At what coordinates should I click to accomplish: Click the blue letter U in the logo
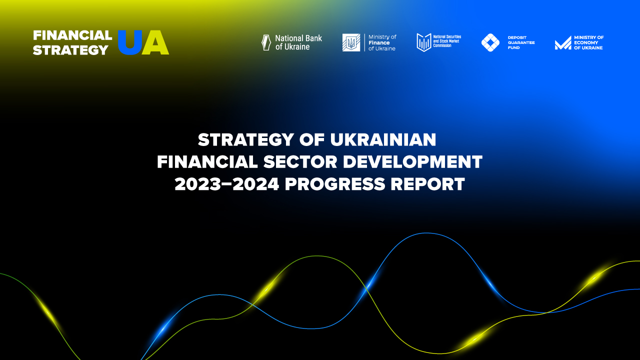[x=129, y=42]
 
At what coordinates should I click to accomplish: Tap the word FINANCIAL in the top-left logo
[x=72, y=35]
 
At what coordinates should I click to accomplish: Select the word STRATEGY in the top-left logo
[x=70, y=50]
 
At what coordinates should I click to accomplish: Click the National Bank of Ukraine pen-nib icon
[x=266, y=42]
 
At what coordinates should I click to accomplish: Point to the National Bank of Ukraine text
[x=298, y=42]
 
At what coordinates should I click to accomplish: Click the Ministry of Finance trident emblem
[x=351, y=42]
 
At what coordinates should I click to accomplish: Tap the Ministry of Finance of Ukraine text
[x=382, y=42]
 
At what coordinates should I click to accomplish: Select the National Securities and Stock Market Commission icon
[x=423, y=42]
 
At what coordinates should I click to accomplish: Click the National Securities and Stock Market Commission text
[x=447, y=41]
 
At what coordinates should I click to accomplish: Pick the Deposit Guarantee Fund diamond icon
[x=490, y=42]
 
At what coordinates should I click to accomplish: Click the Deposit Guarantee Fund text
[x=521, y=42]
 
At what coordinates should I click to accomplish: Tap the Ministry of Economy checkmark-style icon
[x=562, y=43]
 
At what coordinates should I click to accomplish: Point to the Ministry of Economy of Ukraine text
[x=588, y=42]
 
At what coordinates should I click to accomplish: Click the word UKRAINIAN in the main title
[x=383, y=140]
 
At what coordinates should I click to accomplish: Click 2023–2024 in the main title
[x=227, y=184]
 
